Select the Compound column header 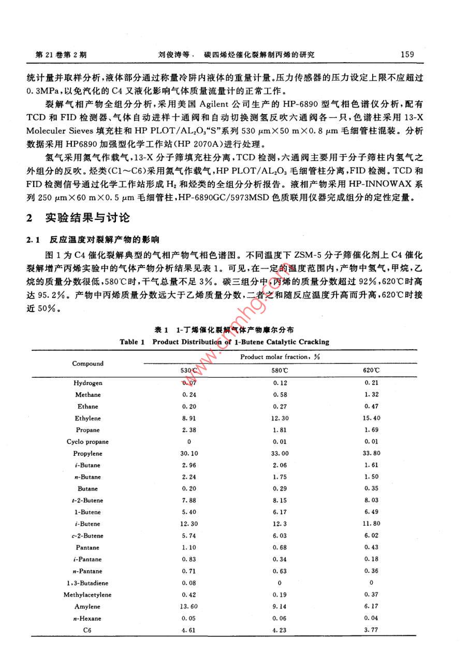point(88,363)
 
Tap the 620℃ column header point(371,370)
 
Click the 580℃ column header point(280,370)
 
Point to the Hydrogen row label point(88,383)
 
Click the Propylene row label point(87,453)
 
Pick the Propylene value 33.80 point(371,453)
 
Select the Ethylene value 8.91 point(189,418)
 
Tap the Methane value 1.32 point(371,395)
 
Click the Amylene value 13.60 point(189,606)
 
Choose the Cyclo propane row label point(87,442)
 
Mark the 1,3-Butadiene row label point(87,583)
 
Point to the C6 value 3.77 point(371,630)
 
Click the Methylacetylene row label point(87,595)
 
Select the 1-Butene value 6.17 point(280,512)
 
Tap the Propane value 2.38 point(189,430)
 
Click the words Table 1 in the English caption point(129,342)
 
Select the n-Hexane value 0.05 point(189,618)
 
